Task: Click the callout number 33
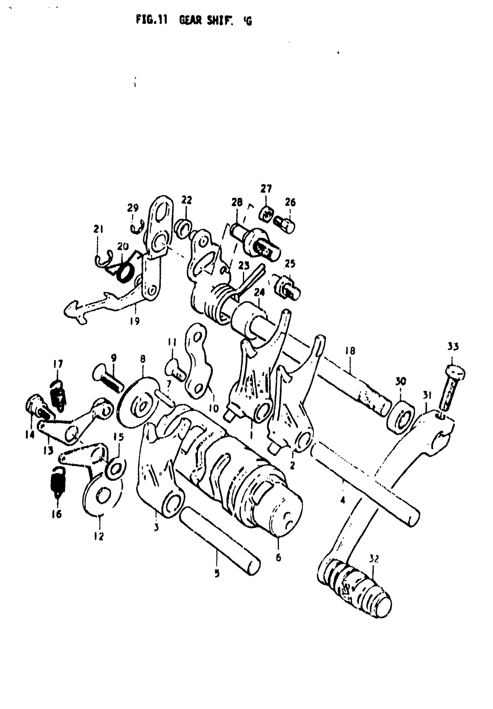(453, 346)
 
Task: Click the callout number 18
(350, 352)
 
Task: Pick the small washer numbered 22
(183, 228)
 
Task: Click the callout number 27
(266, 189)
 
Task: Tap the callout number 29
(133, 208)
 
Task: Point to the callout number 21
(99, 229)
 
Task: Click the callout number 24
(259, 292)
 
